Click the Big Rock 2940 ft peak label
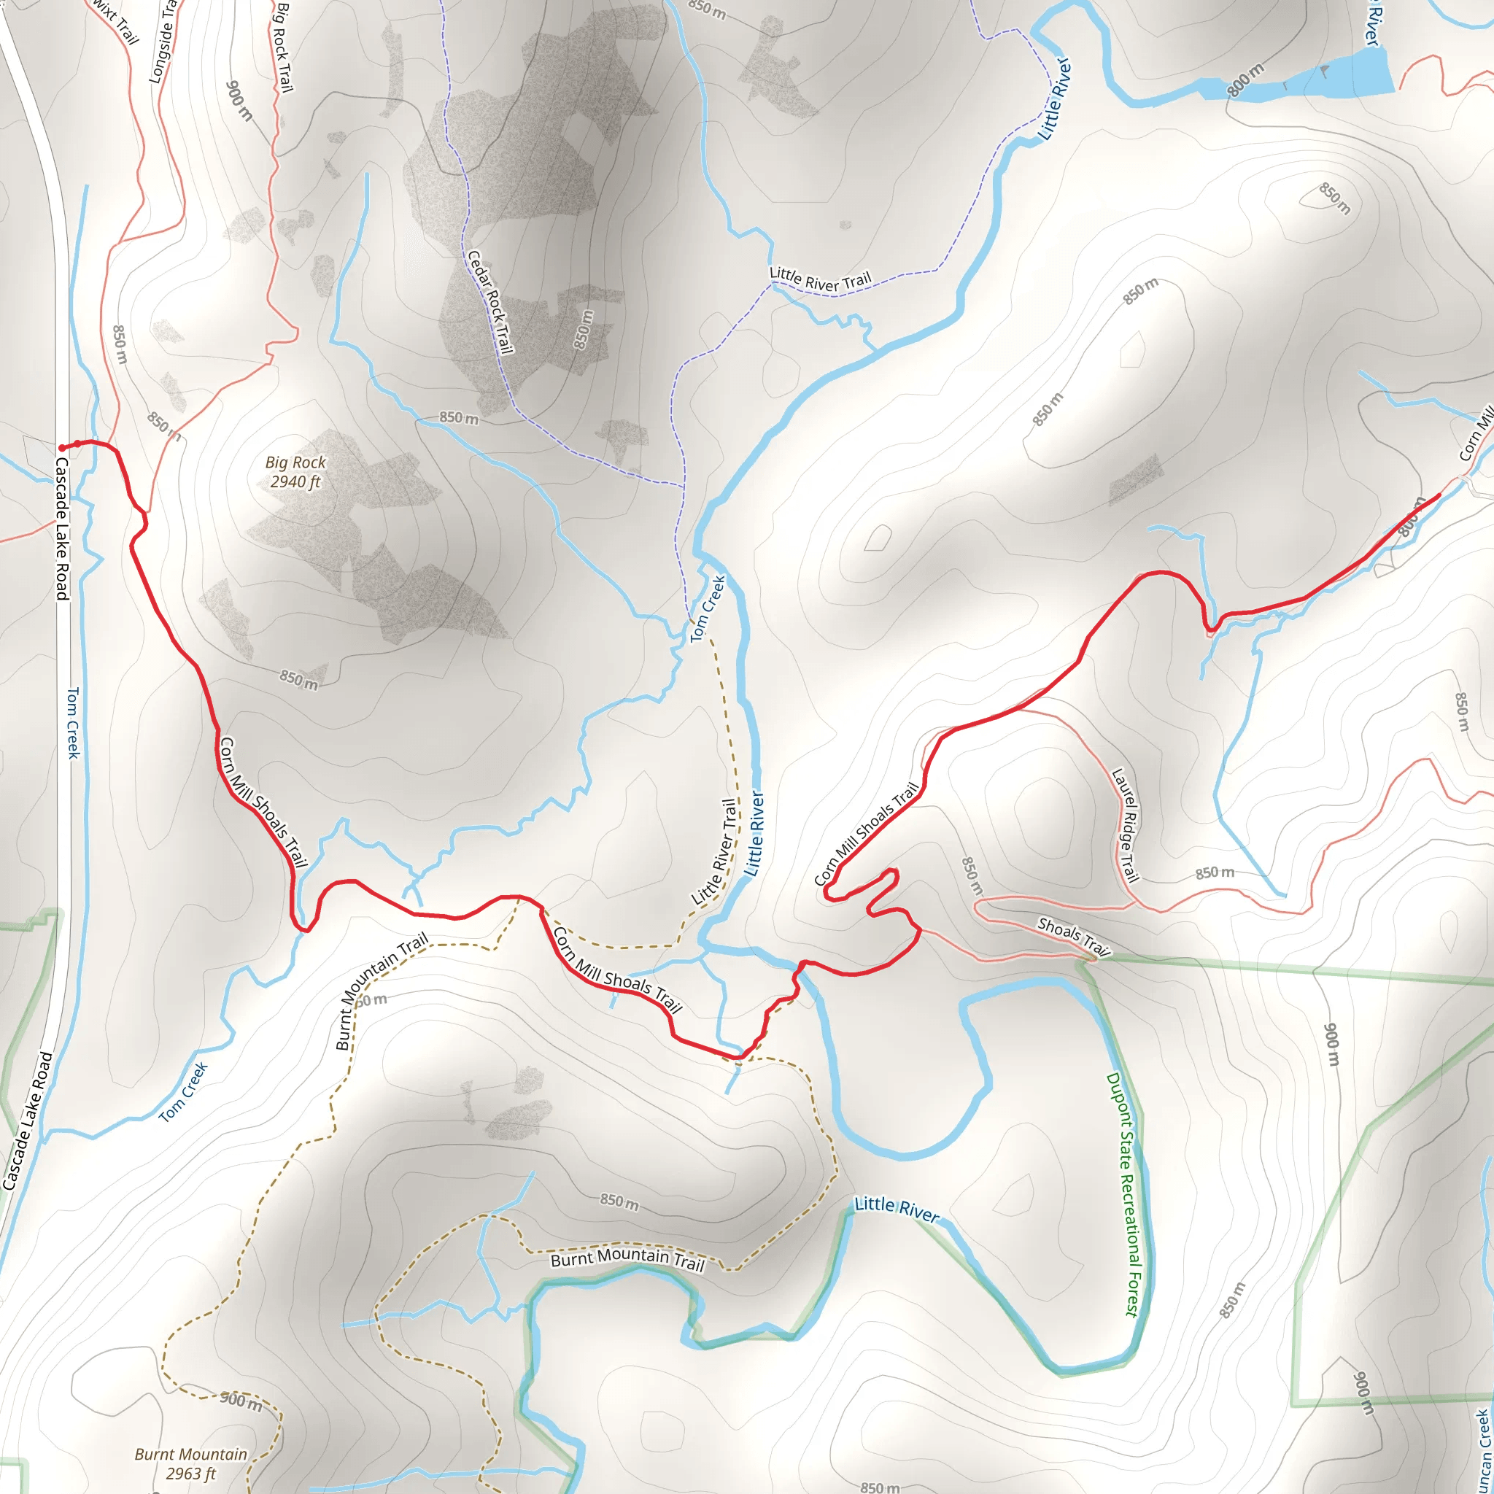coord(295,472)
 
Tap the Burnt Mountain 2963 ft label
coord(190,1464)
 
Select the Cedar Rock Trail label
coord(490,302)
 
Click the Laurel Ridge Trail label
coord(1126,824)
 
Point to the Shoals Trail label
coord(1073,937)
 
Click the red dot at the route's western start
coord(62,448)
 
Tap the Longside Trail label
coord(163,42)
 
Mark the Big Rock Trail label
coord(285,47)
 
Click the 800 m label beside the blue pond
coord(1246,80)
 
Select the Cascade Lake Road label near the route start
coord(62,528)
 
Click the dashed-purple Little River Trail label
coord(820,280)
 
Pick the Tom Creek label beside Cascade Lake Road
coord(74,723)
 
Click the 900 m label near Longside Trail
coord(240,101)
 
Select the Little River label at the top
coord(1056,99)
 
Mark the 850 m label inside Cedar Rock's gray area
coord(584,330)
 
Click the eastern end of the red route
coord(1439,494)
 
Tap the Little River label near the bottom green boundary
coord(897,1209)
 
